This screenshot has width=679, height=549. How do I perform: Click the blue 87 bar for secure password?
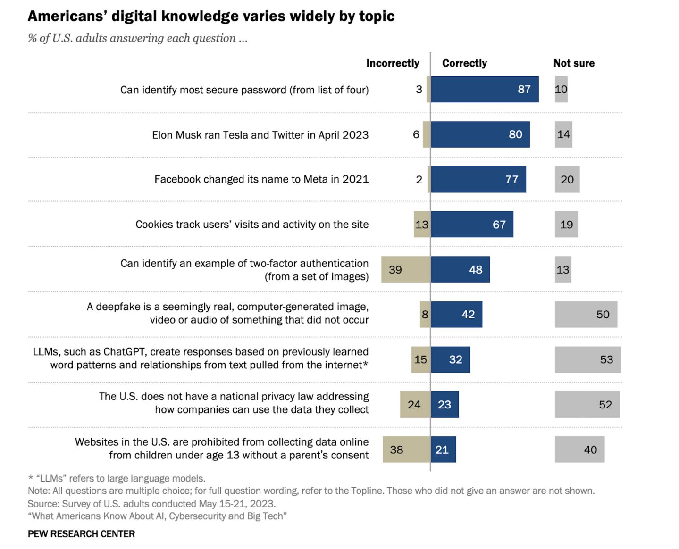click(485, 89)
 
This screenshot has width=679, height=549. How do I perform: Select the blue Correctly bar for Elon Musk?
click(480, 134)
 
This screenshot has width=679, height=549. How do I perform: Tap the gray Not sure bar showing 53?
click(587, 359)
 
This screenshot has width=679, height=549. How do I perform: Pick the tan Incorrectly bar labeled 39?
click(406, 269)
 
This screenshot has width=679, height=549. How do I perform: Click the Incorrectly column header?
click(392, 63)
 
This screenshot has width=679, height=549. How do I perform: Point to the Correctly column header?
click(464, 63)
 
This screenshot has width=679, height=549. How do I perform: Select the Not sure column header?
click(574, 63)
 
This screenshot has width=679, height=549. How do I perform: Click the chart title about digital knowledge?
click(211, 16)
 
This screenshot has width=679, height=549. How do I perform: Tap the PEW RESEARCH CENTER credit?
click(81, 533)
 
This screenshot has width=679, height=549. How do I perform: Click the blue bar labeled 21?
click(443, 449)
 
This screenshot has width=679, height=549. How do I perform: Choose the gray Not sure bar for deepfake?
click(586, 315)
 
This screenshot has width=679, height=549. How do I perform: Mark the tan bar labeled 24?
click(415, 405)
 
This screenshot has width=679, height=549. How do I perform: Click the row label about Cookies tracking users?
click(252, 225)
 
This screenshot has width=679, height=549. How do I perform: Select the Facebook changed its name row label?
click(261, 179)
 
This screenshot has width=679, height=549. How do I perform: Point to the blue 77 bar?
click(478, 179)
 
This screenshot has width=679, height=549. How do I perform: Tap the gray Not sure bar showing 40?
click(579, 449)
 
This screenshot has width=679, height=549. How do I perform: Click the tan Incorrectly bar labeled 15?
click(420, 359)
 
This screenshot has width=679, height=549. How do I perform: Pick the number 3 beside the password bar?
click(419, 89)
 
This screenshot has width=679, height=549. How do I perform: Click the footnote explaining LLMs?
click(117, 478)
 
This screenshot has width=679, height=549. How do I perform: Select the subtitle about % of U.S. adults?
click(137, 38)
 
